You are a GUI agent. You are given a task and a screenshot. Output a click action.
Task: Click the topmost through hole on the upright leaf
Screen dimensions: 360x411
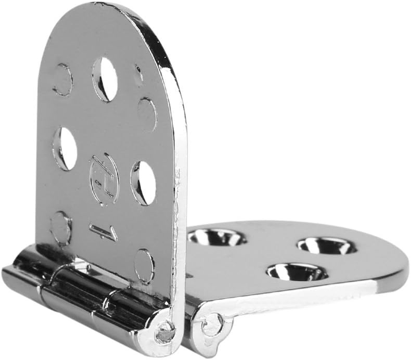point(105,79)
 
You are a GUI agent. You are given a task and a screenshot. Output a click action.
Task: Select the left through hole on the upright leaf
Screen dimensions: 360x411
point(65,148)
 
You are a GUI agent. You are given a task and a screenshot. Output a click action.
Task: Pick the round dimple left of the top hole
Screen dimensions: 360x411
point(63,80)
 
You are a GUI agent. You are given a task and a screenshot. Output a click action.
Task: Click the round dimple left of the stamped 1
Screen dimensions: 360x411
point(61,228)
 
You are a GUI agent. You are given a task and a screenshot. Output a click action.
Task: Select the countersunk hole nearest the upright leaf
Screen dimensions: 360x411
point(217,237)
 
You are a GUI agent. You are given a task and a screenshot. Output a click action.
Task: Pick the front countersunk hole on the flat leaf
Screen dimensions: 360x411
point(297,272)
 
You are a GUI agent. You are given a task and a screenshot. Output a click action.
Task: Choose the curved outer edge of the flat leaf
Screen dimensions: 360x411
point(396,270)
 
